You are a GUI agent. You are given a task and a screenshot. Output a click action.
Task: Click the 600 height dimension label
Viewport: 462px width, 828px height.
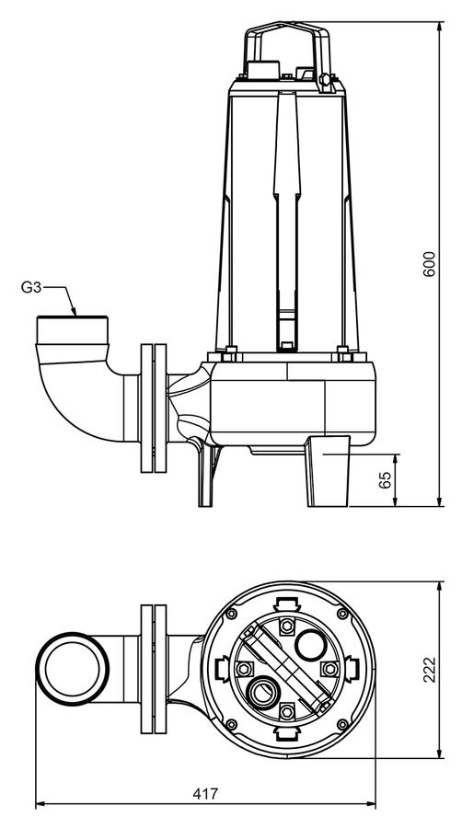point(431,263)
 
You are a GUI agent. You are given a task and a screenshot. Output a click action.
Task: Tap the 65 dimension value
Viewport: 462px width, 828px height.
point(386,479)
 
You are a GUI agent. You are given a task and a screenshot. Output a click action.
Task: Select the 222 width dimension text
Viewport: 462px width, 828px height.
point(431,670)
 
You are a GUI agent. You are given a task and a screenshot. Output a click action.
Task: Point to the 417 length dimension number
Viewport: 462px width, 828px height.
point(205,794)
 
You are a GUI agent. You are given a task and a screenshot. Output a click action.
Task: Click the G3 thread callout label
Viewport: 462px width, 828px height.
point(30,287)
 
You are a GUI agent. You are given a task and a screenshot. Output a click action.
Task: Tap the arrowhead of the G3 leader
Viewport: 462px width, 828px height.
point(74,311)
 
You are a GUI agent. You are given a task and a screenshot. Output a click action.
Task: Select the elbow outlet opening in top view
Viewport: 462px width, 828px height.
point(73,669)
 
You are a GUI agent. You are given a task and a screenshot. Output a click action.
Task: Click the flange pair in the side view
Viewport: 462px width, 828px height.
point(154,408)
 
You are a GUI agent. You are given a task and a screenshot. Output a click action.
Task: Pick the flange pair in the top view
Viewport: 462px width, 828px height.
point(154,669)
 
